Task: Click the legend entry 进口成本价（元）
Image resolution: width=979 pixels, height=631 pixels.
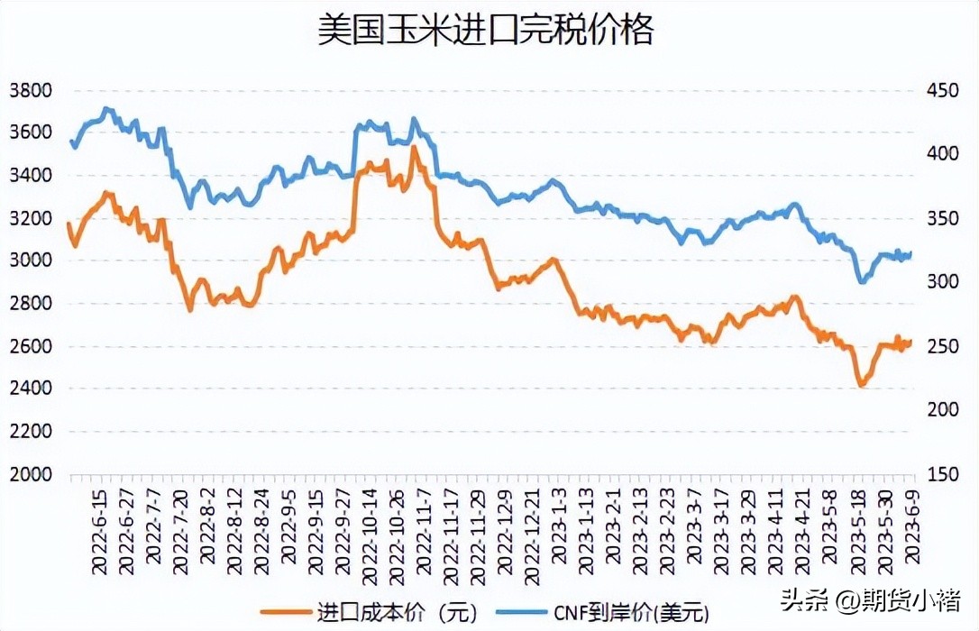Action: [370, 613]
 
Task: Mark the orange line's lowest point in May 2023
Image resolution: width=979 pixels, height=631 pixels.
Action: [861, 386]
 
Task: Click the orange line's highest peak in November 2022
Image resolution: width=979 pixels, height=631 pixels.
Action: [414, 147]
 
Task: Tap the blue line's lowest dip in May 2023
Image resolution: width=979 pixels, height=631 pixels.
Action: [862, 282]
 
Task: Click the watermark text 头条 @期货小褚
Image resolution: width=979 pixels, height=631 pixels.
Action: [870, 599]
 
